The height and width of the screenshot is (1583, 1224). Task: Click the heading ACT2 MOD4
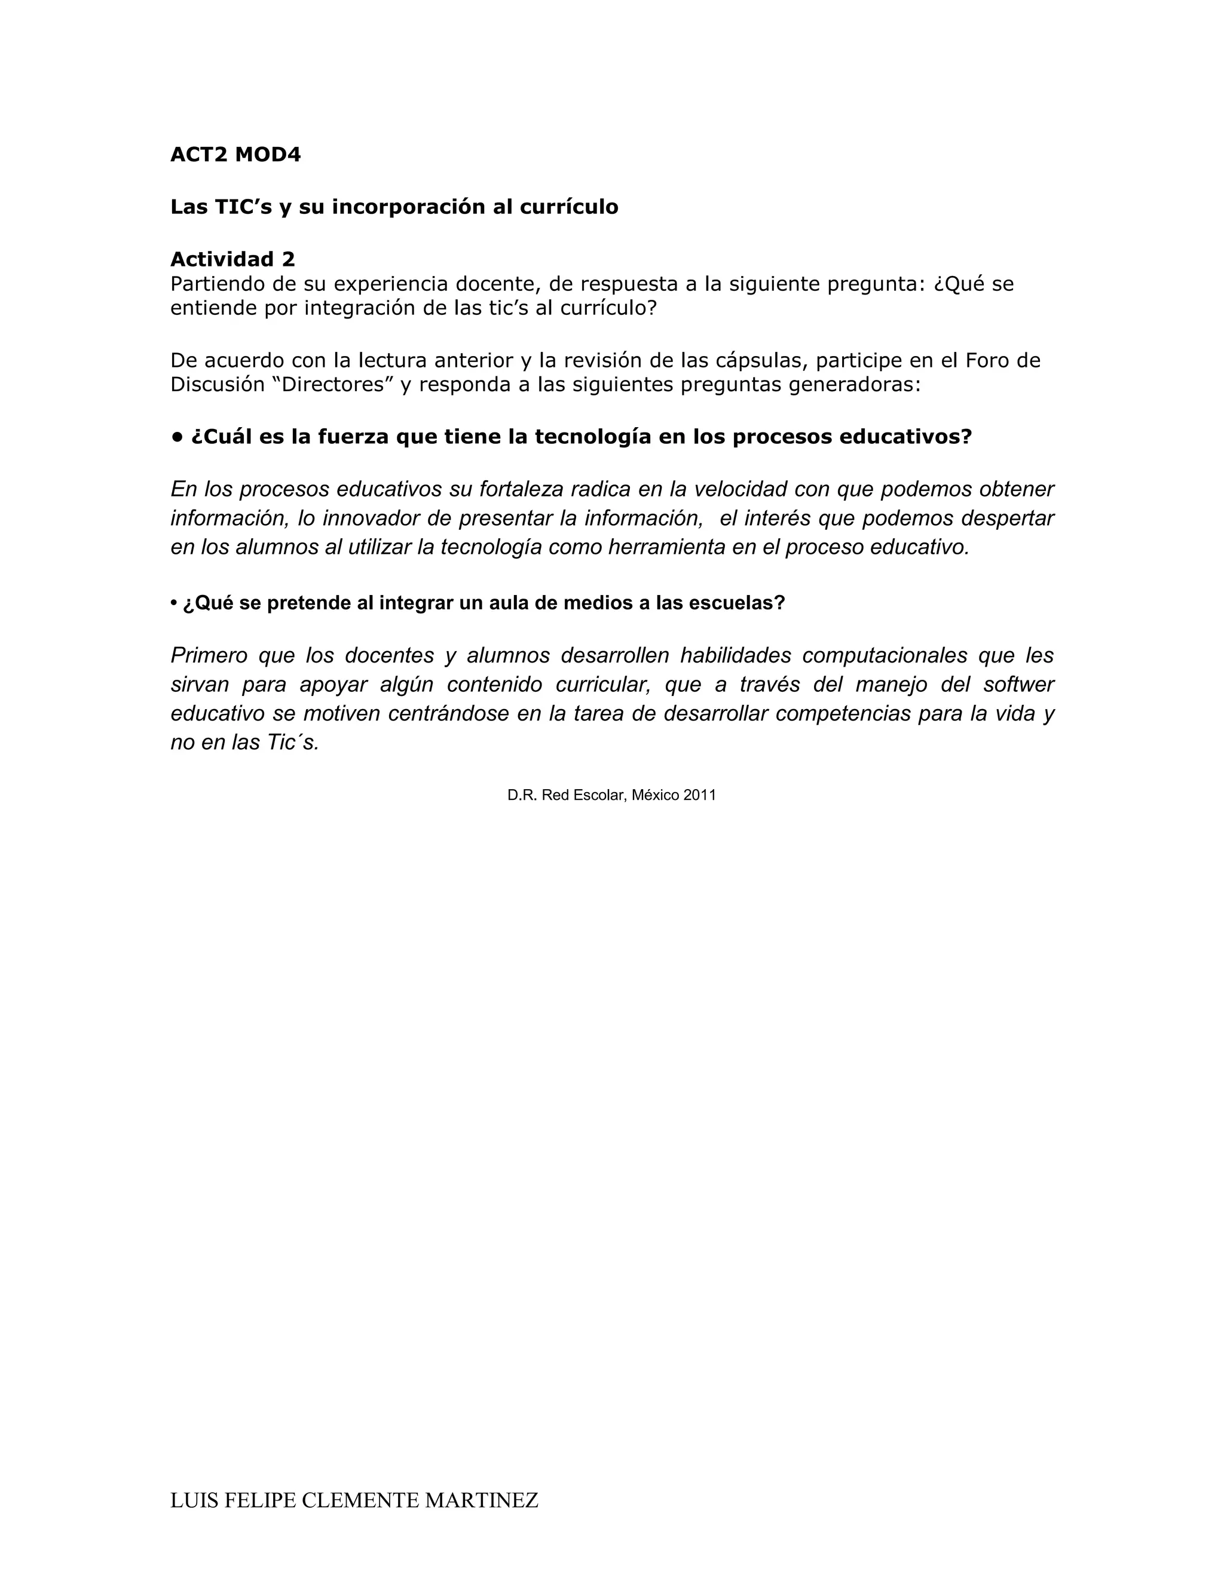point(235,155)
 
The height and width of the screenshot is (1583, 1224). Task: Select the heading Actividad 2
point(232,259)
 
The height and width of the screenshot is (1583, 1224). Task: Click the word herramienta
point(666,547)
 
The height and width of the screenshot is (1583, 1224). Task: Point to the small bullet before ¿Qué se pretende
point(174,603)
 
